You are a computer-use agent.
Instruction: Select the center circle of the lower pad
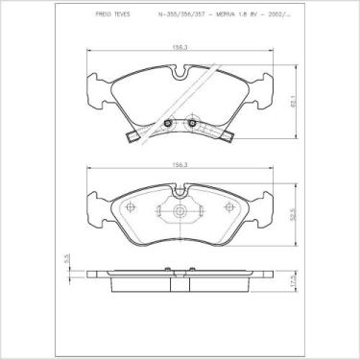point(180,208)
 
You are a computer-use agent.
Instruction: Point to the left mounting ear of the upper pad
point(96,91)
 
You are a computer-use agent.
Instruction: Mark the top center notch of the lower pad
point(180,191)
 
